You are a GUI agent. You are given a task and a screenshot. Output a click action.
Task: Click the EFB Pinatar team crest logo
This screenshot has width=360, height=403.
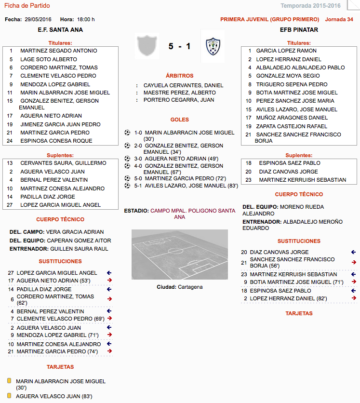tap(213, 46)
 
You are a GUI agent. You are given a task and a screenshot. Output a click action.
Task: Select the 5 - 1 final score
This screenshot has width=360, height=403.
tap(179, 47)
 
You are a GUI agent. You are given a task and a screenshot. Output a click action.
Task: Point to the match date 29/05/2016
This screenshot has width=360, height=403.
tap(38, 19)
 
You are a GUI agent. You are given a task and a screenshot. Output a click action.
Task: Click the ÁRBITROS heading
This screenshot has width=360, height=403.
tap(179, 76)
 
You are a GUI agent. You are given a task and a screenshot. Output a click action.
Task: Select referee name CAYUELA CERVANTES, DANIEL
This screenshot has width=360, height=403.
tap(183, 85)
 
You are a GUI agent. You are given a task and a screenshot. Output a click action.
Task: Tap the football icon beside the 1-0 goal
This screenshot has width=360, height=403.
tap(127, 133)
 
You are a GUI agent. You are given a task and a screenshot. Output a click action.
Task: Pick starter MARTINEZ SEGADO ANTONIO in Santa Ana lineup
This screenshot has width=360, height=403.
tap(58, 51)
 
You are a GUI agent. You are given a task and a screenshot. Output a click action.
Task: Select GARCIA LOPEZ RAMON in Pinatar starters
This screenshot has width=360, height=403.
tap(286, 51)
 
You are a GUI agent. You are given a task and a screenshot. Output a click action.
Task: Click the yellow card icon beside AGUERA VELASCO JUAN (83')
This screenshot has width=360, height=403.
tap(9, 396)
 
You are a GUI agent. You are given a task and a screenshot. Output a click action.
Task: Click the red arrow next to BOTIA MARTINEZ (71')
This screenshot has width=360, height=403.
tap(354, 282)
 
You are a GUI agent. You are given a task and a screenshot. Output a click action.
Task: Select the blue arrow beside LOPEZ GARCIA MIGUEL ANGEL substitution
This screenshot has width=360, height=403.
tap(109, 273)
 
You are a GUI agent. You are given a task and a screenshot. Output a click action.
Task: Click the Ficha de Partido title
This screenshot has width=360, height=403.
tap(27, 6)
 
